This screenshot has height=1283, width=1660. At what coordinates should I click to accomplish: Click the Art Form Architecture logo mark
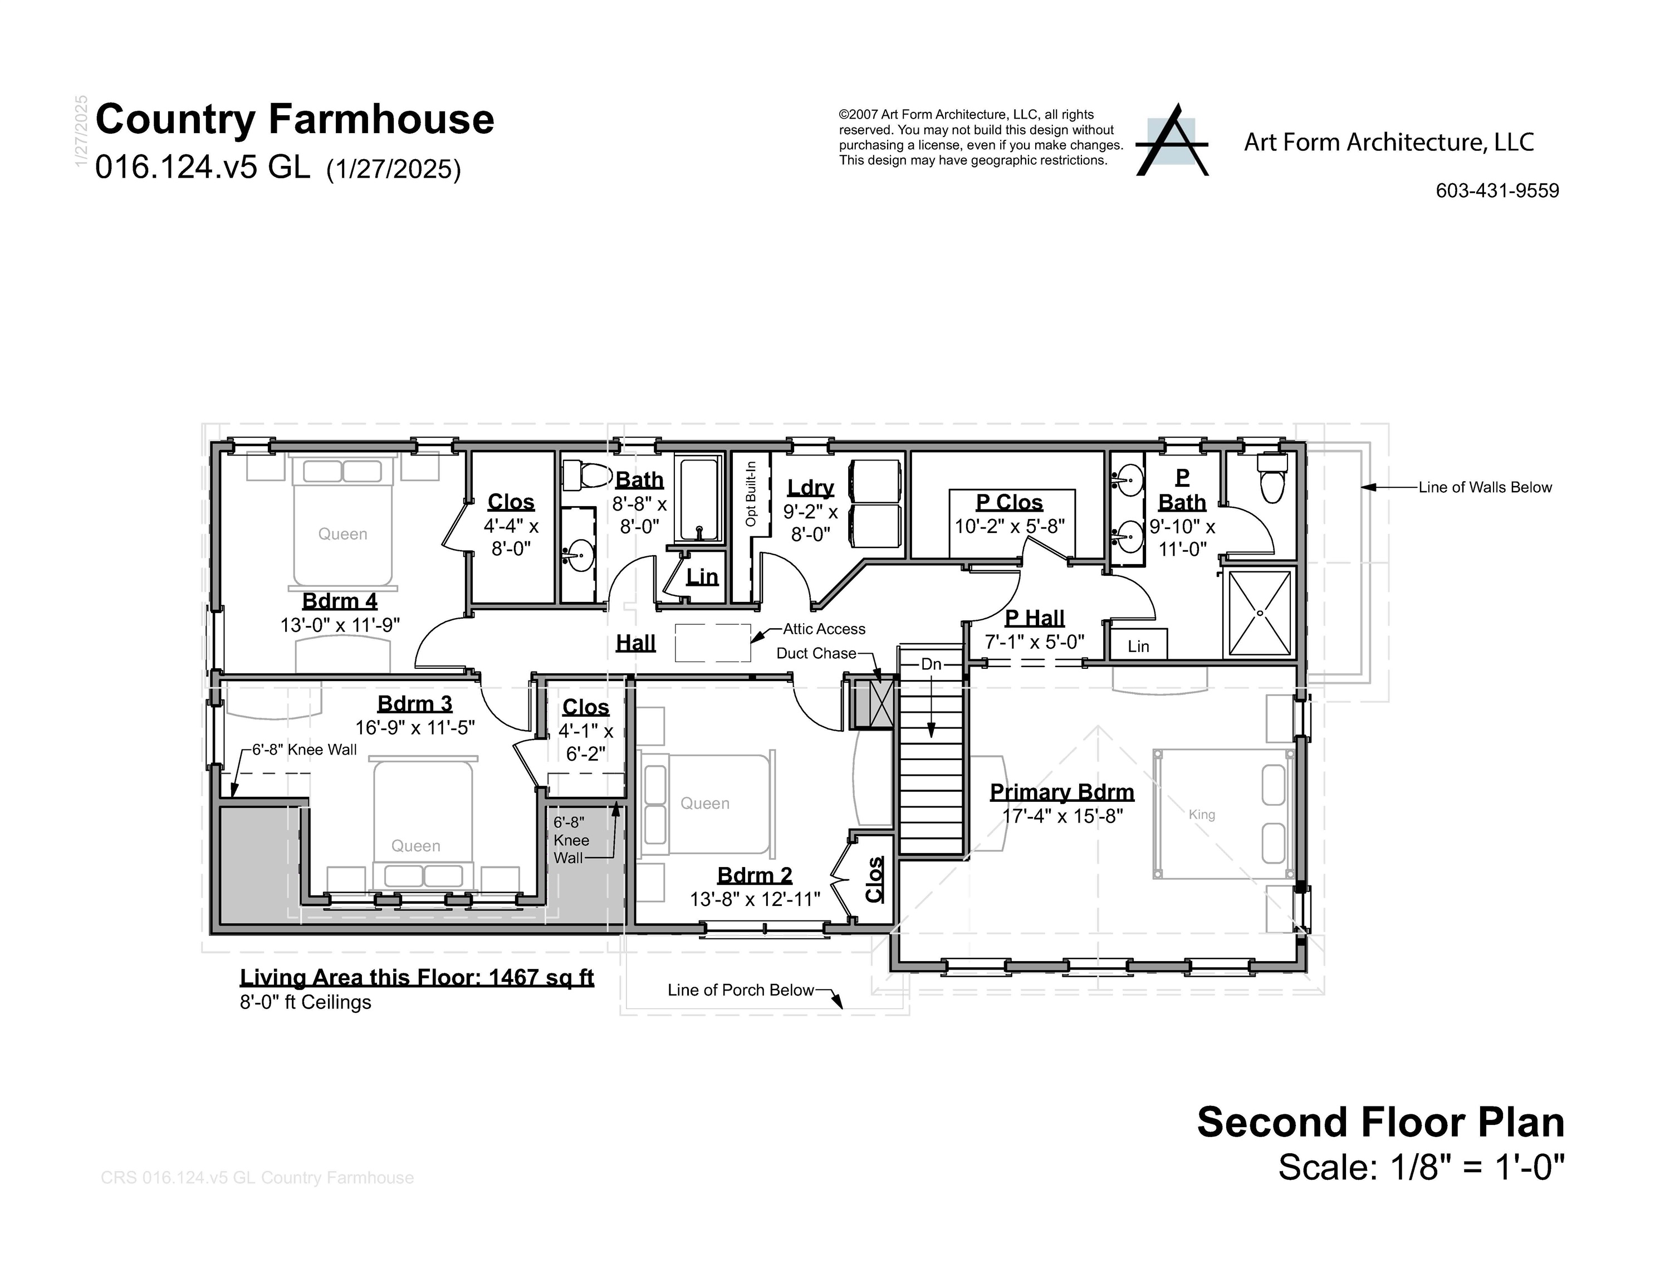pyautogui.click(x=1171, y=141)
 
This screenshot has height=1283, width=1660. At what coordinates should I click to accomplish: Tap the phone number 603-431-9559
pyautogui.click(x=1497, y=191)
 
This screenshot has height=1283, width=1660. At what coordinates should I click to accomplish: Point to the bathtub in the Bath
pyautogui.click(x=698, y=498)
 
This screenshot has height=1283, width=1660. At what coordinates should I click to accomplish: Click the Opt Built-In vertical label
pyautogui.click(x=751, y=494)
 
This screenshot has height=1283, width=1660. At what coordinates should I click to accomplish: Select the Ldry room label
pyautogui.click(x=810, y=487)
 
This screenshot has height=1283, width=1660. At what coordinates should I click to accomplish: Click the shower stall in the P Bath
pyautogui.click(x=1260, y=613)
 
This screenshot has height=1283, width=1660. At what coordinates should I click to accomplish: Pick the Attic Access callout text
pyautogui.click(x=824, y=629)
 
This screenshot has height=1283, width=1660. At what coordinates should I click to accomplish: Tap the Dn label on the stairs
pyautogui.click(x=931, y=664)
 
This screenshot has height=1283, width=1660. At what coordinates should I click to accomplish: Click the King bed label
pyautogui.click(x=1202, y=815)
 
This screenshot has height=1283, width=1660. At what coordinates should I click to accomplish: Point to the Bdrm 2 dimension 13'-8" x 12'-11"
pyautogui.click(x=754, y=900)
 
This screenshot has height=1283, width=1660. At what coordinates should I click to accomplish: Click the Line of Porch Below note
pyautogui.click(x=740, y=991)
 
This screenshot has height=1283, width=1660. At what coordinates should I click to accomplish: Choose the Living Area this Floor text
pyautogui.click(x=417, y=977)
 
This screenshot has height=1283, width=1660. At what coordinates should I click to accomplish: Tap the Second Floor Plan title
pyautogui.click(x=1380, y=1123)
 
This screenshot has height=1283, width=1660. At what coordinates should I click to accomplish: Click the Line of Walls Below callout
pyautogui.click(x=1485, y=488)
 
